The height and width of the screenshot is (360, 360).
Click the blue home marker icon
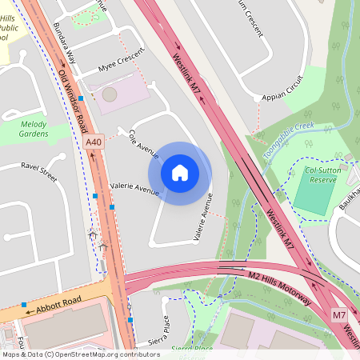[x=180, y=172]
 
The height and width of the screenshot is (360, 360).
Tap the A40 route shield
[x=94, y=142]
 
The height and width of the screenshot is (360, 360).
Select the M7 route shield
[x=339, y=316]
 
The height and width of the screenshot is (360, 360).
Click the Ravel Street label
[x=39, y=171]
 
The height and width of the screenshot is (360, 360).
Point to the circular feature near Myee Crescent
[x=109, y=94]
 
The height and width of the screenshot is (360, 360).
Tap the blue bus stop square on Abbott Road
[x=25, y=305]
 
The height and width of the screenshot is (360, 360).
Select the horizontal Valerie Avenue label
[x=135, y=189]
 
